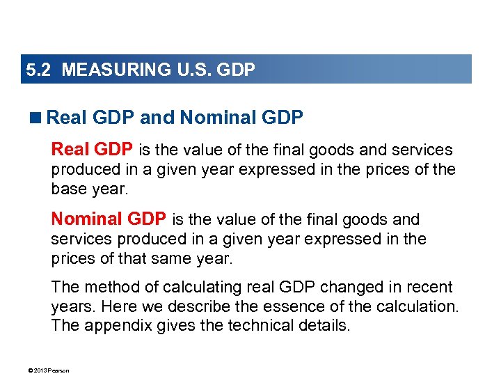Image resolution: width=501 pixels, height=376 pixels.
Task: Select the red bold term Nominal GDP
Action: tap(109, 220)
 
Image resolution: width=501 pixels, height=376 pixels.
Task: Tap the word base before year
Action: tap(68, 189)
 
